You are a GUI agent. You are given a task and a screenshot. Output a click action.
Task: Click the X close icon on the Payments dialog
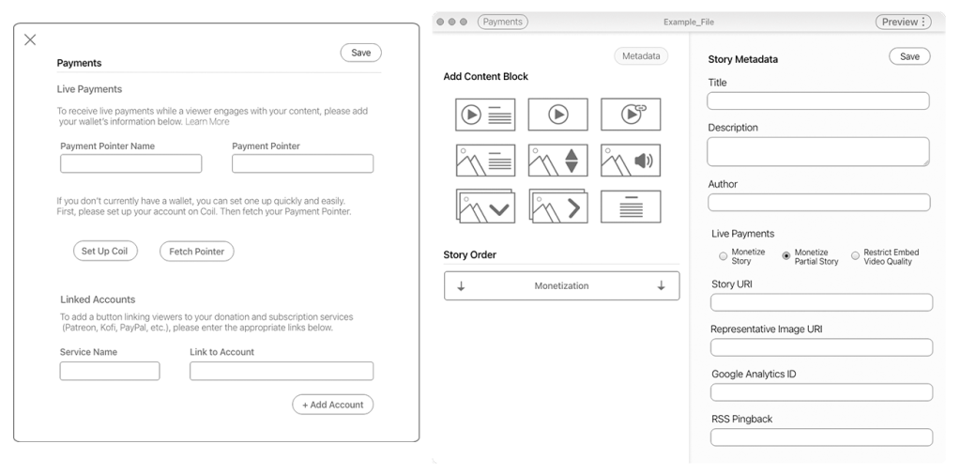30,39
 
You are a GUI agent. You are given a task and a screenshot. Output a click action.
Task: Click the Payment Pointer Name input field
131,163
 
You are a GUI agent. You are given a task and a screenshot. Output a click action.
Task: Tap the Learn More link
207,122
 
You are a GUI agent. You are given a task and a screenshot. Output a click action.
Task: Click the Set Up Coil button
104,252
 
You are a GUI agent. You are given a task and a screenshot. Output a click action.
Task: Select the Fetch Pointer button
196,252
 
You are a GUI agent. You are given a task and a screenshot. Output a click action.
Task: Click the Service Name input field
110,371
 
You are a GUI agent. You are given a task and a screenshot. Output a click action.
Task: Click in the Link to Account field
282,371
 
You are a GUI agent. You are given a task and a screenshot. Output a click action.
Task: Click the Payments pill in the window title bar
502,22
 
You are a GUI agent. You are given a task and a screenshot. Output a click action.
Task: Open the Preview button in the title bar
904,22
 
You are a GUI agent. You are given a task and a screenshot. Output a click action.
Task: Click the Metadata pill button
643,56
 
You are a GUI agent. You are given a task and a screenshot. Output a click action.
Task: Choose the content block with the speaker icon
631,161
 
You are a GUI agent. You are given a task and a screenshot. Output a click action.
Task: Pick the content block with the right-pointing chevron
557,207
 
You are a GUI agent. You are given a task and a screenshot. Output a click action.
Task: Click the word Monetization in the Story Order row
561,286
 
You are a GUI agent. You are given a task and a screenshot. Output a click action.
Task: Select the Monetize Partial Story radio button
786,255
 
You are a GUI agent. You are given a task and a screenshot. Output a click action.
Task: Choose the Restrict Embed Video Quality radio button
855,255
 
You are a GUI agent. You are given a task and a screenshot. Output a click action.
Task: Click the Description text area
818,151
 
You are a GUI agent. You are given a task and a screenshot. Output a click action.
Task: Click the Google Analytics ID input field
821,392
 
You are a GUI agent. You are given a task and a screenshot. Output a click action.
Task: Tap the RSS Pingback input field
821,437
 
